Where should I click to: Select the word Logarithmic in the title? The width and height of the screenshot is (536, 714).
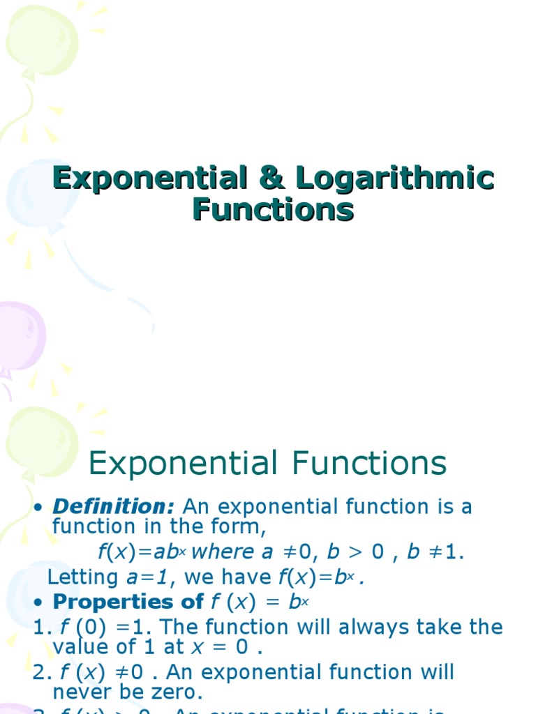[x=394, y=178]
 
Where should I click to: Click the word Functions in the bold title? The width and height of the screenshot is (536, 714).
[x=273, y=209]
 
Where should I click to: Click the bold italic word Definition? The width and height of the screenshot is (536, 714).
[x=114, y=506]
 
